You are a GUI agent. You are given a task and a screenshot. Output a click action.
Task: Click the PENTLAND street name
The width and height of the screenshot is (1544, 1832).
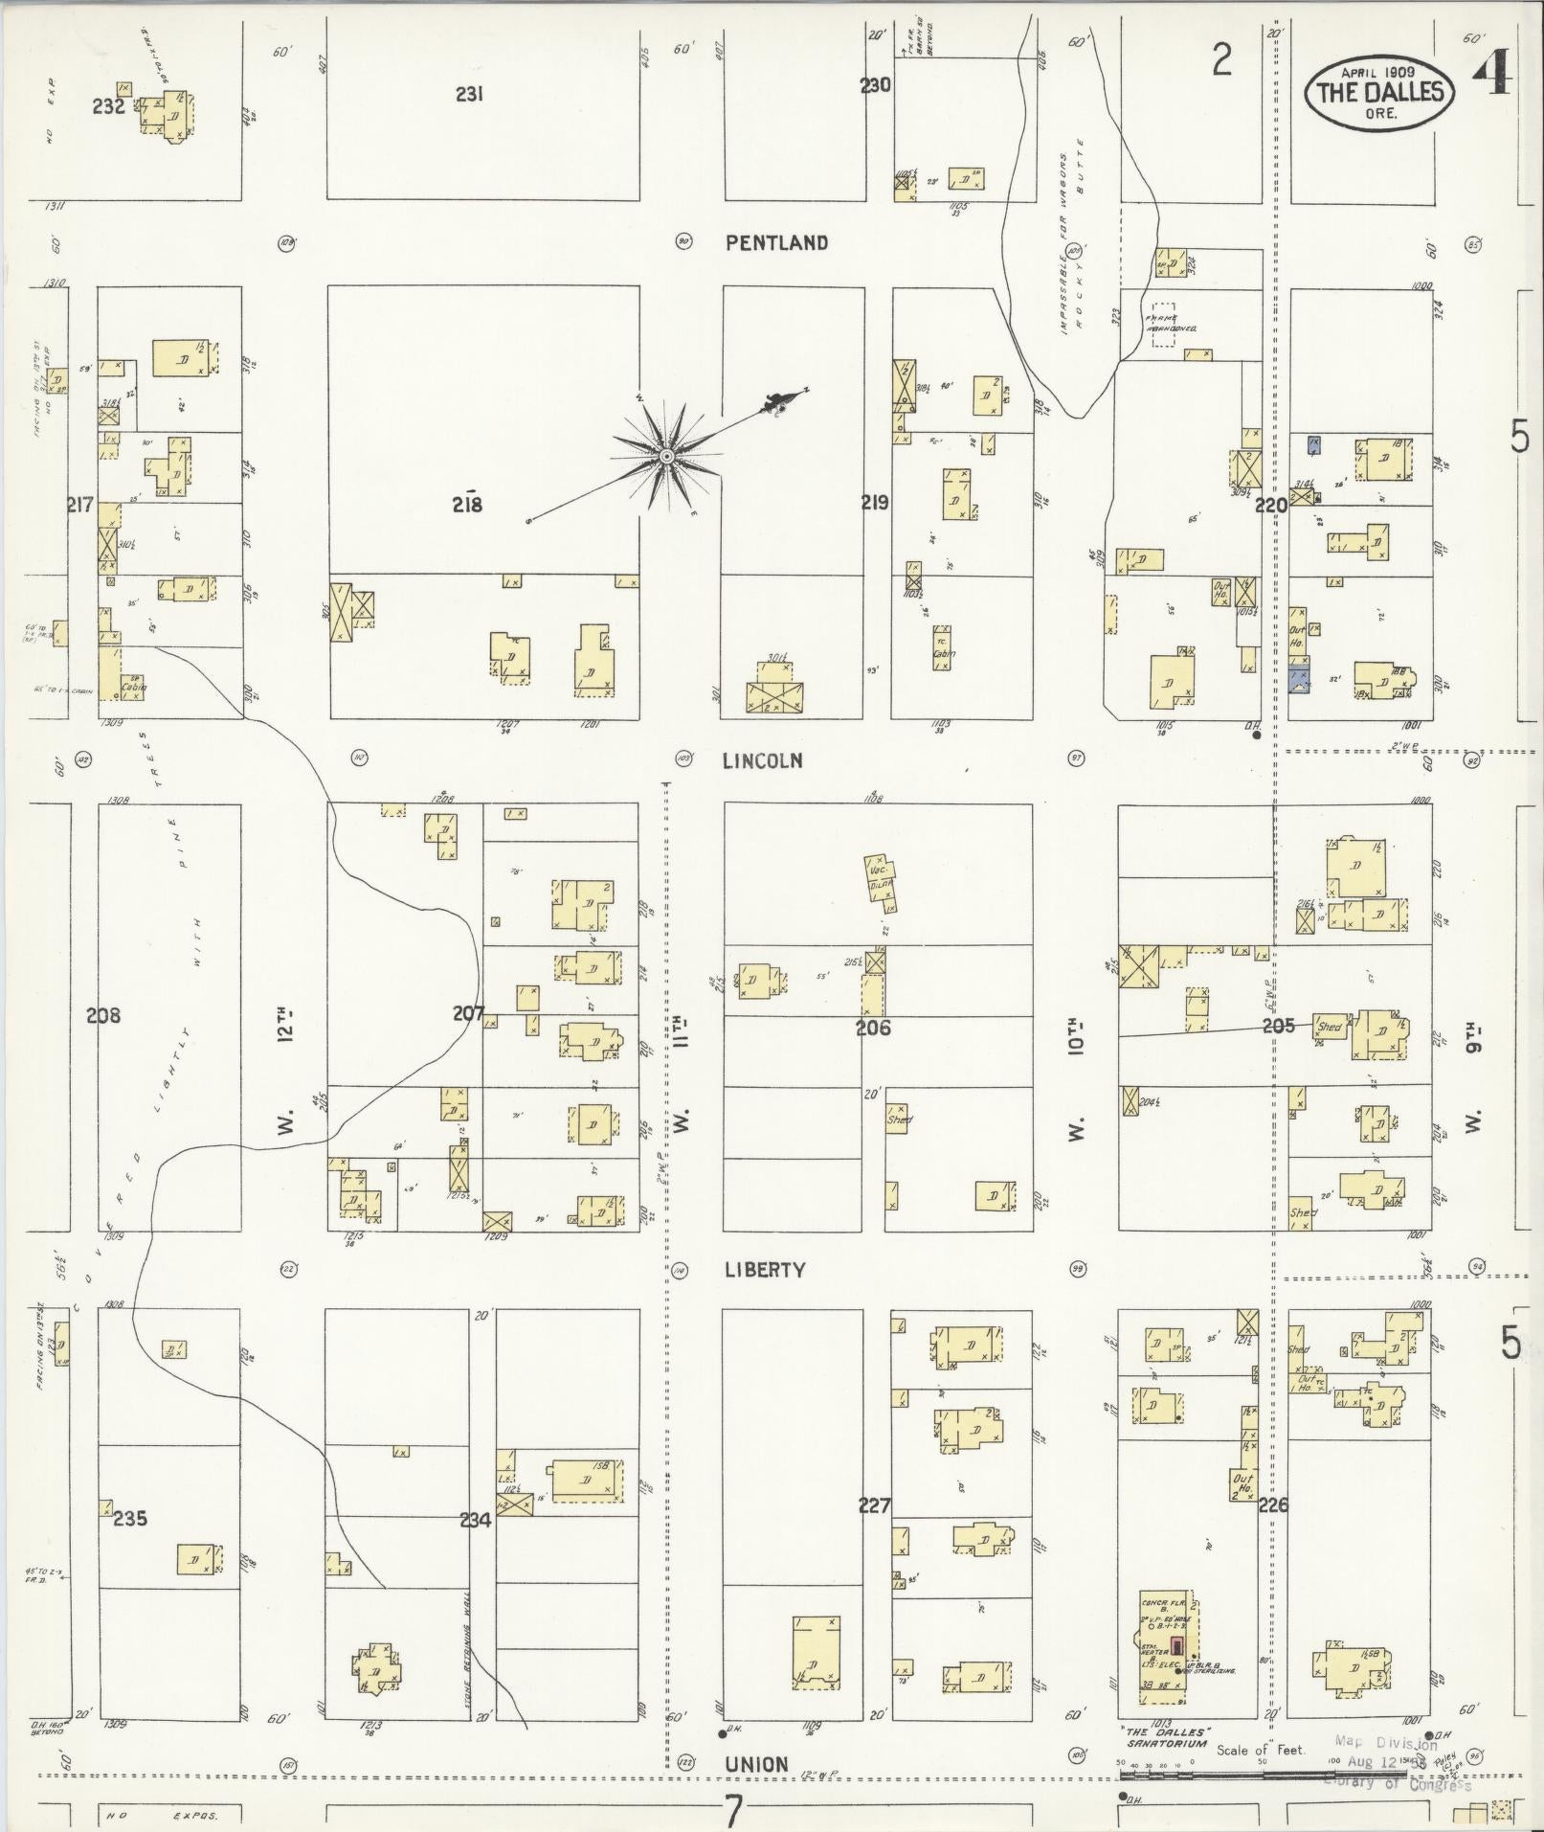click(x=776, y=243)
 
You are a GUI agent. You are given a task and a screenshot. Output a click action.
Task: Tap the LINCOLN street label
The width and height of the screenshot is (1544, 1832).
click(x=762, y=760)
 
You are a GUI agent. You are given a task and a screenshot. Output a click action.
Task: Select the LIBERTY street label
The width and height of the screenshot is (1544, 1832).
click(x=765, y=1270)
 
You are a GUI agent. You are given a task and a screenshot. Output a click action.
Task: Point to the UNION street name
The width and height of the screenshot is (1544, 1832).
click(x=756, y=1764)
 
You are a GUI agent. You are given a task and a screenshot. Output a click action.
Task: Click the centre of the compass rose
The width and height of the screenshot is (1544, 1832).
click(x=664, y=457)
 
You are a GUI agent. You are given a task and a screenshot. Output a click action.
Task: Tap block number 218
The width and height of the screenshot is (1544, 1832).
click(x=467, y=505)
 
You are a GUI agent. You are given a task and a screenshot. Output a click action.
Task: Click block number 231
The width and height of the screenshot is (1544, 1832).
click(x=469, y=94)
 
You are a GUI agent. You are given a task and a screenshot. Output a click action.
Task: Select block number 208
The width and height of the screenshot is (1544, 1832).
click(x=103, y=1015)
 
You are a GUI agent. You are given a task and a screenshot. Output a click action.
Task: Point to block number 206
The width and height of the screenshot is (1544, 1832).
click(x=873, y=1029)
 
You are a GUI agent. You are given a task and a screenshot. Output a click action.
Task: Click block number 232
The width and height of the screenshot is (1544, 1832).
click(x=108, y=106)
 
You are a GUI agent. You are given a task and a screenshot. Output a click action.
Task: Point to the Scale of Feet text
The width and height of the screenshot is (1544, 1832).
click(x=1261, y=1750)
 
